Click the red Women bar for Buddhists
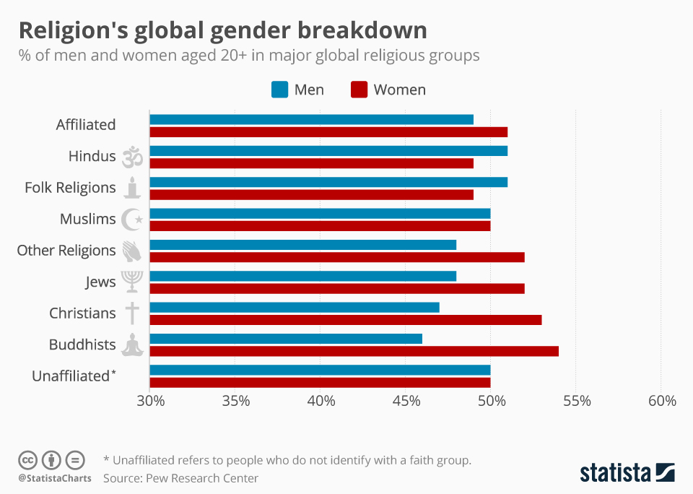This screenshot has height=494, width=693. coord(354,351)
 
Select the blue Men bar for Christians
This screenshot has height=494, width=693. coord(295,307)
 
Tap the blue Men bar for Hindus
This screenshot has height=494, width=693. coord(328,150)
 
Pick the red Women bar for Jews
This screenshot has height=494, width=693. coord(337,288)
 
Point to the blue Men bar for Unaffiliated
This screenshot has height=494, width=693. coord(320,370)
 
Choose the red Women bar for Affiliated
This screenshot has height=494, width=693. coord(328,131)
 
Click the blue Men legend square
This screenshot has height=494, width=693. coord(279,90)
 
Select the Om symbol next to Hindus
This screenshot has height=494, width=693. coord(132,157)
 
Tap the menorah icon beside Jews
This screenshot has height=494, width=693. coord(132,281)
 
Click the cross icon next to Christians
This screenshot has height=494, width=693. coord(132,313)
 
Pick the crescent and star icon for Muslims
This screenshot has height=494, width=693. coord(132,219)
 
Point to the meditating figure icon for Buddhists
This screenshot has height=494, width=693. coord(132,344)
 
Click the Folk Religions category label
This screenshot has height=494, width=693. coord(70,188)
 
